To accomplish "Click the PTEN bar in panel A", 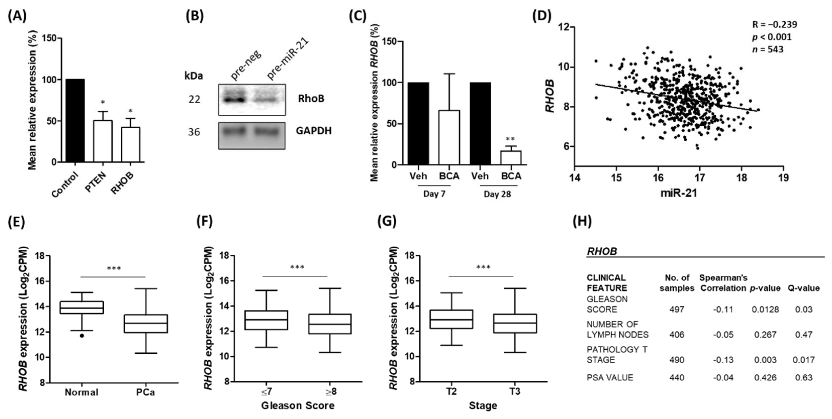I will (x=103, y=141).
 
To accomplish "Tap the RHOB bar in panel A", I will (x=131, y=144).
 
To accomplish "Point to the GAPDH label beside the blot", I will (x=314, y=131).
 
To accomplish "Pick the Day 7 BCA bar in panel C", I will (x=449, y=137).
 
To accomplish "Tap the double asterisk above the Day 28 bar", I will (x=510, y=139).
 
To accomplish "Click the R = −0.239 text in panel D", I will (x=775, y=25).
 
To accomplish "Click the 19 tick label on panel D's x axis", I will (x=783, y=178).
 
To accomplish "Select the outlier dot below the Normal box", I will (x=82, y=336).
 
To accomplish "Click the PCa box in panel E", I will (x=146, y=323).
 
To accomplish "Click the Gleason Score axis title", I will (x=298, y=405).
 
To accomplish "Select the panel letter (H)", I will (x=582, y=222).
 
